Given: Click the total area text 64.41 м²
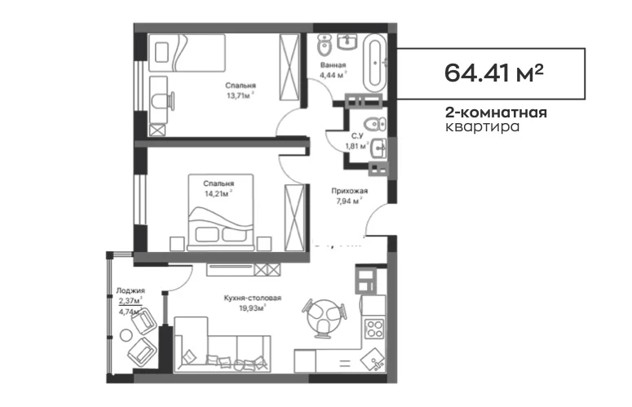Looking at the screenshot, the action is point(493,73).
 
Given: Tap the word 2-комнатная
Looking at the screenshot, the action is point(496,113).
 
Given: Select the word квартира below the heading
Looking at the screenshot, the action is point(482,126).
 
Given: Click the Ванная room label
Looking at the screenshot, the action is point(333,65).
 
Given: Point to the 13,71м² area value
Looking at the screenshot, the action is point(241,95).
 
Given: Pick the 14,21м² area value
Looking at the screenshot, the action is point(218,193).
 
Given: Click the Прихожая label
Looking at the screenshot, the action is point(350,191).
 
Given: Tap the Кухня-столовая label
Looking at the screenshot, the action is point(253,299).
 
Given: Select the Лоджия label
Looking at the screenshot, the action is point(130,290).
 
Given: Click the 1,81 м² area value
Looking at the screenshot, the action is point(357,146).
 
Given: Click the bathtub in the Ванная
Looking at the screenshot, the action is point(375,63).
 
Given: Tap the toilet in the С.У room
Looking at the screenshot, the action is point(374,123).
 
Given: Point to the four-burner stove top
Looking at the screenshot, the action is point(374,329).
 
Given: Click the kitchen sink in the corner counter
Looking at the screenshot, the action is point(373,360).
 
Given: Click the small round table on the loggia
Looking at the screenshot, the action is point(126,335).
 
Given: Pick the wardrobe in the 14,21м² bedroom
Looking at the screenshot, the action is point(294,218).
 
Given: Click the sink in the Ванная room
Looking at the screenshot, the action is point(347,42).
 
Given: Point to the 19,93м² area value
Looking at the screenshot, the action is point(251,308).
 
